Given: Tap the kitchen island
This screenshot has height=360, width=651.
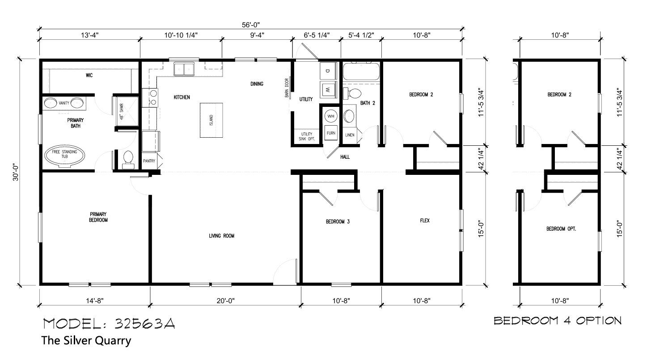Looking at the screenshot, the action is click(211, 120).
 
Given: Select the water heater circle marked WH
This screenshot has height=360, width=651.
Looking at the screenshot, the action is click(331, 116).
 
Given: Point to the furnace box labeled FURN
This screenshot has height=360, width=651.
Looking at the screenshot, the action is click(331, 133).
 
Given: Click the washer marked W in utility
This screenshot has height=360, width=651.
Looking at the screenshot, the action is click(328, 90).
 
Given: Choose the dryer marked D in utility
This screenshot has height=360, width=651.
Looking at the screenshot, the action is click(328, 71).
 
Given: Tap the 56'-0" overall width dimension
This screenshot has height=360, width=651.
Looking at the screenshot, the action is click(251, 25).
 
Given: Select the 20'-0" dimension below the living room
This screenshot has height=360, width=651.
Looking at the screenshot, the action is click(225, 301).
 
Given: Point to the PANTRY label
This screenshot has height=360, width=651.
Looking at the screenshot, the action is click(149, 161).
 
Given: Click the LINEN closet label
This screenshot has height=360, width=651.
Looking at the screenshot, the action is click(350, 135).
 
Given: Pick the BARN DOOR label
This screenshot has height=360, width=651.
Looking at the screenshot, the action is click(287, 88).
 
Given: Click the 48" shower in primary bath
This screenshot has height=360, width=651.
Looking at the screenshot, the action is click(126, 111).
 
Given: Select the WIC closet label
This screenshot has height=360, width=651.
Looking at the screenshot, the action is click(89, 75).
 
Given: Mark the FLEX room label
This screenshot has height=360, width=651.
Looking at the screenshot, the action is click(425, 220).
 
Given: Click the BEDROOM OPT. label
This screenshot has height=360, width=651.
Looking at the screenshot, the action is click(561, 229).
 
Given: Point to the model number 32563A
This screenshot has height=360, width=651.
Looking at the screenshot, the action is click(145, 324).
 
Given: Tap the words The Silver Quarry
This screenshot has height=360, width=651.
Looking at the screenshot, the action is click(86, 340).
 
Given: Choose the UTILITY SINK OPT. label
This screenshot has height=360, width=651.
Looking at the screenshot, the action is click(307, 136).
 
